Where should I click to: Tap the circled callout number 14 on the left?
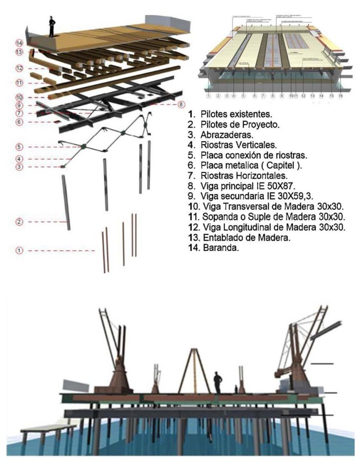(x=19, y=43)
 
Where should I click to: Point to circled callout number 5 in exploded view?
(x=19, y=147)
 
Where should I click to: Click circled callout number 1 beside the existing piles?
(x=19, y=250)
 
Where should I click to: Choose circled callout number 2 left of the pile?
(x=19, y=222)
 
